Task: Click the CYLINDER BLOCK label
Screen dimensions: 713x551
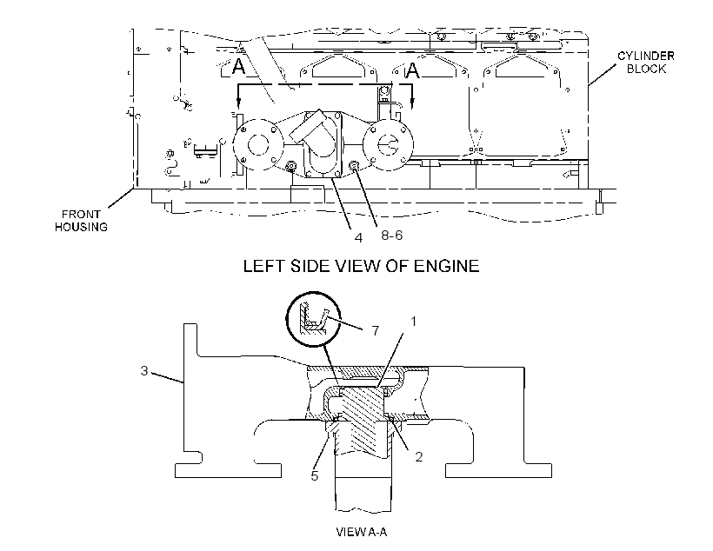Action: coord(646,63)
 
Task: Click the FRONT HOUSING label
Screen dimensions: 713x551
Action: coord(82,221)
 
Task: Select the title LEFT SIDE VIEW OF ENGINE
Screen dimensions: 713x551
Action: coord(362,266)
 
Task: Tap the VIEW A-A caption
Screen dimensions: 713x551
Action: coord(362,532)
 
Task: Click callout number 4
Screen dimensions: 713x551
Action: coord(358,238)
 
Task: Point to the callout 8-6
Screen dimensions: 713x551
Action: coord(391,235)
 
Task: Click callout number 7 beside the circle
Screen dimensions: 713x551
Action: coord(375,330)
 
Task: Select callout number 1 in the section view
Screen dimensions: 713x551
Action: coord(413,322)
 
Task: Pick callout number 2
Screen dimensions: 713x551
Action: coord(419,456)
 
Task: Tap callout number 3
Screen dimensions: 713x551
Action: coord(144,371)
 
